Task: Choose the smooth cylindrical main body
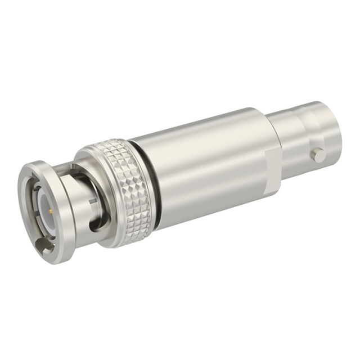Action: click(202, 163)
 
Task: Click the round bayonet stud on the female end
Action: click(318, 153)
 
